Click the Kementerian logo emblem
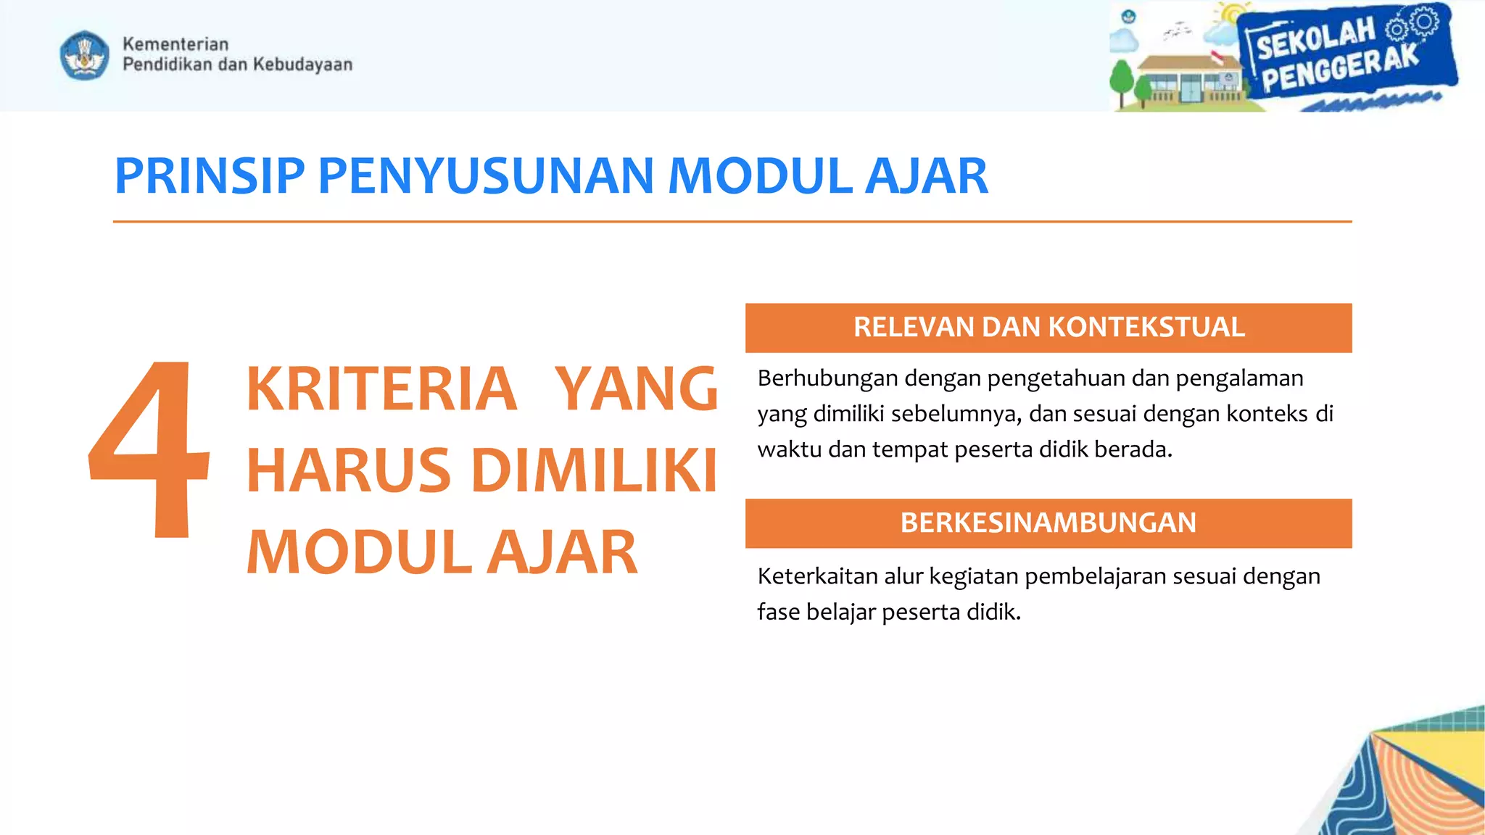(x=85, y=55)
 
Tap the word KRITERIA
(x=381, y=389)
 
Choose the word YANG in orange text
(x=636, y=389)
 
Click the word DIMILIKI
(x=595, y=471)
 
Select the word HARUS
(x=349, y=471)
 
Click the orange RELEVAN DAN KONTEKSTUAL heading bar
(x=1048, y=328)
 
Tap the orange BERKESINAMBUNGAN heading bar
(x=1048, y=523)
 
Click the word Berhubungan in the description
(x=827, y=378)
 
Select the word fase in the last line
(x=779, y=612)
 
